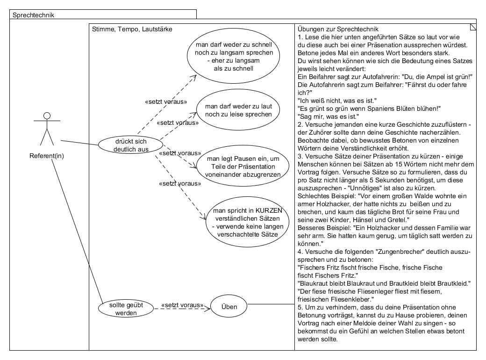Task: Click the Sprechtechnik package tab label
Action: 33,15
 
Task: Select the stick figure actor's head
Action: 46,116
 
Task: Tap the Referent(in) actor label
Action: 46,156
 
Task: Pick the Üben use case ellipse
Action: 229,307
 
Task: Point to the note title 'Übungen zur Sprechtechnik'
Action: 338,29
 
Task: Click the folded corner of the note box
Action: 473,27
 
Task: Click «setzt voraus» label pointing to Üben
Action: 182,306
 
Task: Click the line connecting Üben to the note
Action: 271,304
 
